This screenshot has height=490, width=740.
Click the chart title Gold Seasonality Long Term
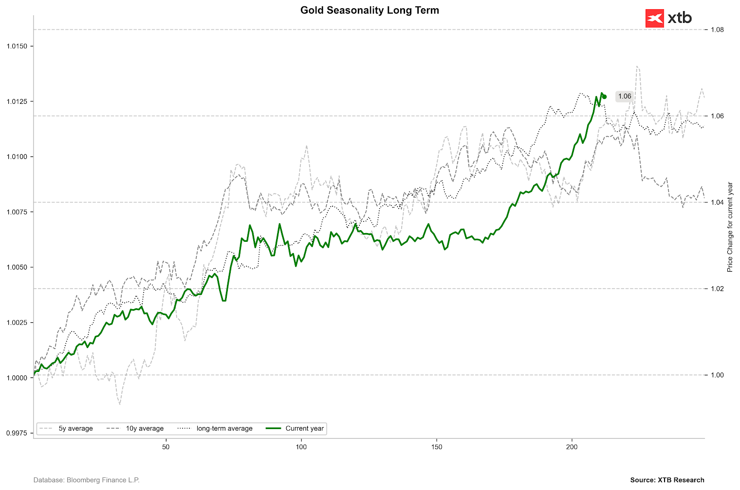coord(370,10)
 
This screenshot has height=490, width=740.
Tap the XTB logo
coord(668,19)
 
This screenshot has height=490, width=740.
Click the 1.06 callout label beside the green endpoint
coord(624,96)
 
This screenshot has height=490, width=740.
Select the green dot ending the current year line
coord(604,97)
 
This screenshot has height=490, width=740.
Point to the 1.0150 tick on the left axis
coord(17,46)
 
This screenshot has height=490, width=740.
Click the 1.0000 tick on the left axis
coord(17,378)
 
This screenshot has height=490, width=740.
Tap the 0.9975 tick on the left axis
coord(17,433)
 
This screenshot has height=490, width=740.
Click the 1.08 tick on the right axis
coord(717,30)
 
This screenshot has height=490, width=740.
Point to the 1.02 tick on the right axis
coord(717,289)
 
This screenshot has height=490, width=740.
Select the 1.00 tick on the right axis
coord(717,375)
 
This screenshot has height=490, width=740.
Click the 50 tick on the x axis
coord(166,447)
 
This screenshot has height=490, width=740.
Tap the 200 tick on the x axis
coord(572,447)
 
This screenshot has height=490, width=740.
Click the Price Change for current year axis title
coord(730,227)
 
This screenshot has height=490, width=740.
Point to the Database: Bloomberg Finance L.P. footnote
coord(86,480)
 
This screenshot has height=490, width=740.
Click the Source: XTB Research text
coord(667,480)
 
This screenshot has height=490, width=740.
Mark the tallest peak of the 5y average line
coord(637,66)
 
